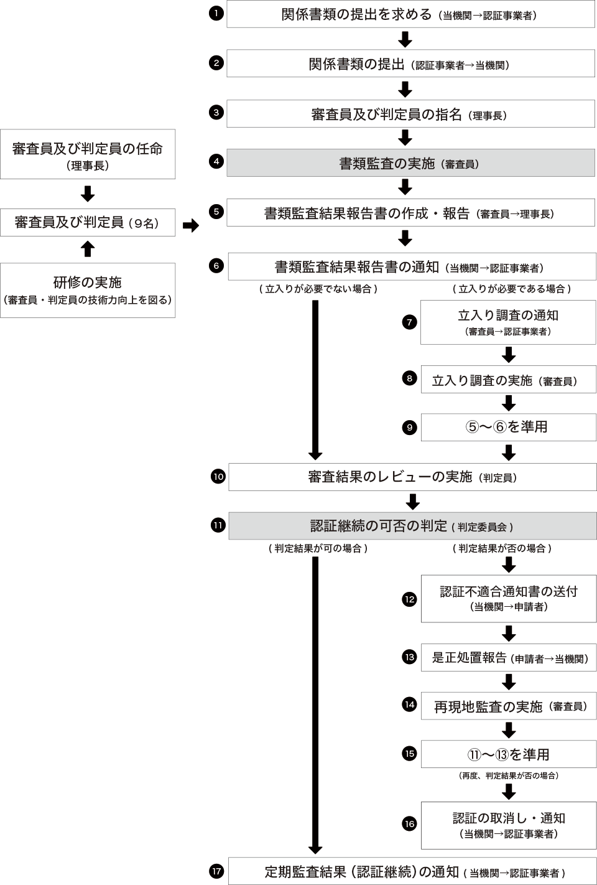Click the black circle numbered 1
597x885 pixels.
(216, 13)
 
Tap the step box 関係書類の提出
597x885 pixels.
(410, 64)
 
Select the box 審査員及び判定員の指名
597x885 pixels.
(410, 115)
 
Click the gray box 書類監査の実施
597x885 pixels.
(410, 163)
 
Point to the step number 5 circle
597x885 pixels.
(216, 212)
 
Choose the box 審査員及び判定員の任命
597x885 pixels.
(88, 154)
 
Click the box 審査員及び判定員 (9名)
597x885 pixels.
(88, 222)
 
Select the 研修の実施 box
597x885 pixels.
(88, 290)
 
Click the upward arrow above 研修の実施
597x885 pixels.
(88, 249)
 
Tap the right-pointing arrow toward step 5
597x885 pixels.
(191, 225)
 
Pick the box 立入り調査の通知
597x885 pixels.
(508, 322)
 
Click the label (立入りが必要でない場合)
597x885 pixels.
(318, 289)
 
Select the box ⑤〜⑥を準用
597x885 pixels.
(508, 427)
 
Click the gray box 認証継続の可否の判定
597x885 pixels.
(412, 526)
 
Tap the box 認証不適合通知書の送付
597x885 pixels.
(508, 598)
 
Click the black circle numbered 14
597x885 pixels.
(409, 705)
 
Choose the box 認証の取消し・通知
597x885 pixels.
(508, 825)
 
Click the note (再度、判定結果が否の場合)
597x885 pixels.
(508, 775)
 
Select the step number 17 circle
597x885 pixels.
(216, 871)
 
